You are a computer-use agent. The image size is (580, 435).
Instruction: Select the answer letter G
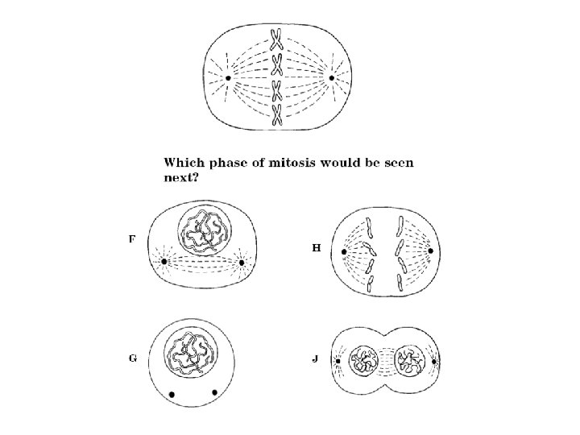(x=132, y=358)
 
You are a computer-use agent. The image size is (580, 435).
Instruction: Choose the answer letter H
(x=317, y=248)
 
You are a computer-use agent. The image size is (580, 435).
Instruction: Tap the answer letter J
(x=317, y=358)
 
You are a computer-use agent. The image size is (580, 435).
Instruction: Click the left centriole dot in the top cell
(x=228, y=78)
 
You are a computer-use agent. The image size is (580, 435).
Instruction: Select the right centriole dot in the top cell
(x=331, y=77)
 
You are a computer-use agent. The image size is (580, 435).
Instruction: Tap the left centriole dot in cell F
(x=164, y=262)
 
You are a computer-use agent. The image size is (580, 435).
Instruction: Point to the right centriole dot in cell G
(x=214, y=392)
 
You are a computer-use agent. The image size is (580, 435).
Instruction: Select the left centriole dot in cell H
(x=344, y=252)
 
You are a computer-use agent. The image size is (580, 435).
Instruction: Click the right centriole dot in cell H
(x=430, y=251)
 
